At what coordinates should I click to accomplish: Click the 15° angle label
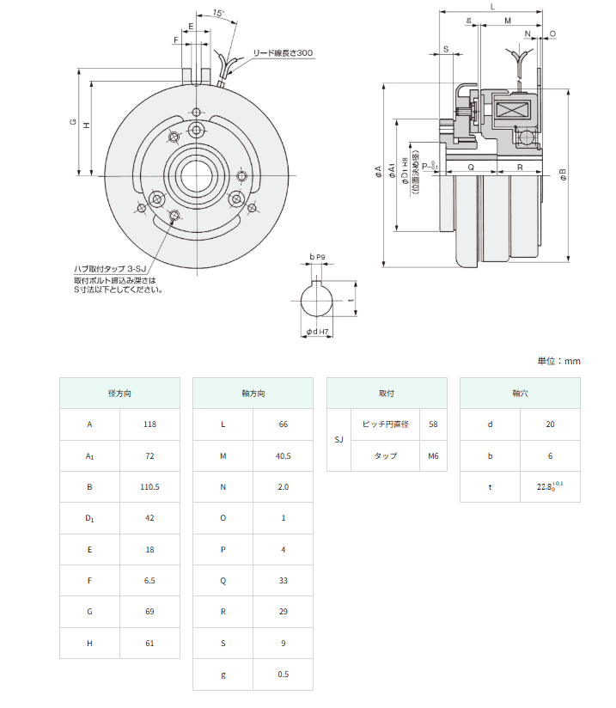pyautogui.click(x=219, y=15)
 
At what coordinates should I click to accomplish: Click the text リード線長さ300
pyautogui.click(x=282, y=53)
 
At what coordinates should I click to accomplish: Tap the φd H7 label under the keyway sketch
pyautogui.click(x=318, y=331)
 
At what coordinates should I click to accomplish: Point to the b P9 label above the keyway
pyautogui.click(x=317, y=257)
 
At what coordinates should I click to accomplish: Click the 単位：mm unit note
pyautogui.click(x=558, y=360)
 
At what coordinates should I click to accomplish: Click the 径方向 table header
pyautogui.click(x=119, y=393)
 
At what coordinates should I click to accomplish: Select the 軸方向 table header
pyautogui.click(x=253, y=393)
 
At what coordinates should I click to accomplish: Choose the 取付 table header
pyautogui.click(x=387, y=393)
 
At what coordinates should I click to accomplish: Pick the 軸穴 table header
pyautogui.click(x=519, y=393)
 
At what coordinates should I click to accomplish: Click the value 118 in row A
pyautogui.click(x=150, y=424)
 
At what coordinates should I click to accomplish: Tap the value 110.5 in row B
pyautogui.click(x=150, y=486)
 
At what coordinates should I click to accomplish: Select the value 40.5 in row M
pyautogui.click(x=283, y=455)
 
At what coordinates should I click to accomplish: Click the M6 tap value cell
pyautogui.click(x=433, y=455)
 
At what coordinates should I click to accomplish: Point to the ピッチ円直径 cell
pyautogui.click(x=386, y=424)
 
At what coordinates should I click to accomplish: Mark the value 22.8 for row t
pyautogui.click(x=546, y=487)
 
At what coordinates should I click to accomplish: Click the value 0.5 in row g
pyautogui.click(x=283, y=674)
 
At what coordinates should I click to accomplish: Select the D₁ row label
pyautogui.click(x=89, y=518)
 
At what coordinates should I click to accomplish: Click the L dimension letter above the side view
pyautogui.click(x=491, y=6)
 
